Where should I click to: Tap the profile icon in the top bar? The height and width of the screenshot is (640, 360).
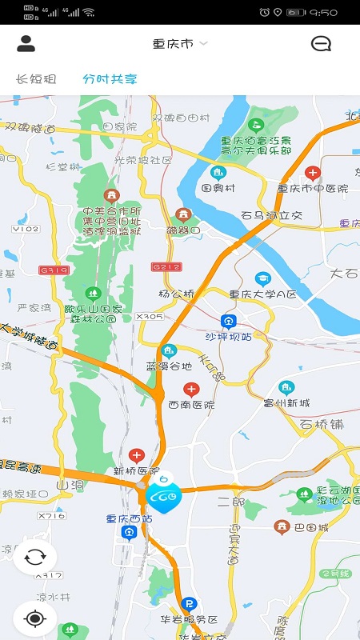click(26, 44)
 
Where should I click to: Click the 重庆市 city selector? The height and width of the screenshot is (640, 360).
click(179, 44)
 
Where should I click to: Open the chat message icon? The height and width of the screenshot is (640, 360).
click(321, 44)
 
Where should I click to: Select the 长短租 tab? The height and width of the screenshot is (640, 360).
click(37, 79)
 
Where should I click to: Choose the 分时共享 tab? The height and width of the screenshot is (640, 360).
click(110, 79)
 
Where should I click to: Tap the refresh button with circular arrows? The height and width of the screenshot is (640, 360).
click(34, 558)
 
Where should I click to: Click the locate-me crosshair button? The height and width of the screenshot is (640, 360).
click(34, 618)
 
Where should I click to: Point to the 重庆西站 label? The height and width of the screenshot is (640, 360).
click(129, 518)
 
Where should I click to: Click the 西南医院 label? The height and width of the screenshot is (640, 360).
click(191, 405)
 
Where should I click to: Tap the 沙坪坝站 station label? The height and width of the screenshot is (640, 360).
click(229, 337)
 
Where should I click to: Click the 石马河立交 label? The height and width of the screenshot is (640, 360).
click(272, 215)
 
